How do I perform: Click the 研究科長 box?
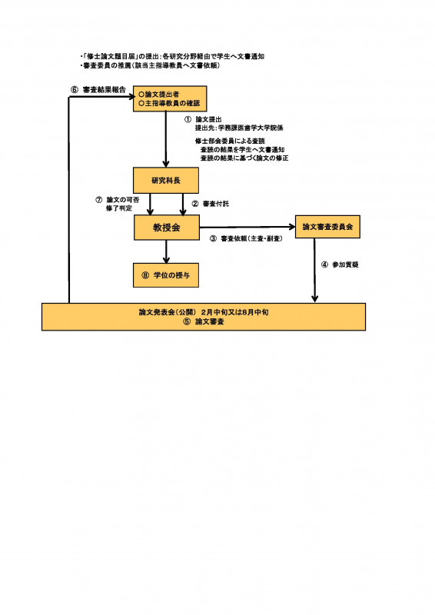(166, 180)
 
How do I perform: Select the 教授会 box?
(166, 227)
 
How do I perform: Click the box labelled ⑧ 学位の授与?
(166, 274)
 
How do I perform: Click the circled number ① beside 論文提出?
(187, 120)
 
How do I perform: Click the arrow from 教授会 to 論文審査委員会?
(246, 227)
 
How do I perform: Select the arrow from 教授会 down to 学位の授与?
(166, 251)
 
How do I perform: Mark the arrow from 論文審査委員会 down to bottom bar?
(314, 269)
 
